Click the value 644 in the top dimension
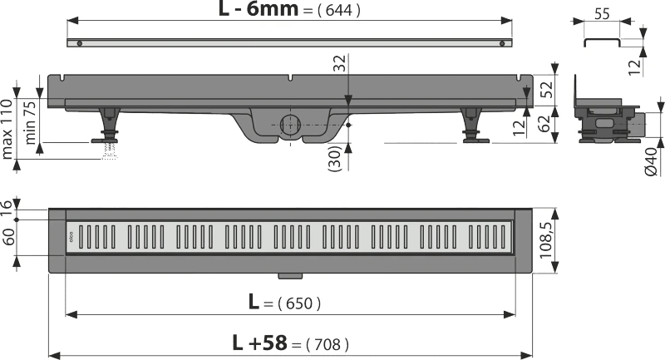(x=339, y=10)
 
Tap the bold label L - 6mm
(x=259, y=8)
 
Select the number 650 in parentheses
(x=299, y=303)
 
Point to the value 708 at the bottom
(x=328, y=344)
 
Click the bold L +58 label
(x=259, y=343)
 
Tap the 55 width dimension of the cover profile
(x=602, y=14)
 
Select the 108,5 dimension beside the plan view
(x=545, y=239)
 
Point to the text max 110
(x=7, y=129)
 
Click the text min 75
(x=30, y=122)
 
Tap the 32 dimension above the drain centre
(x=340, y=64)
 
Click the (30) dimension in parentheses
(x=335, y=159)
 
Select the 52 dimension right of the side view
(x=547, y=90)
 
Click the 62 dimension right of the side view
(x=544, y=124)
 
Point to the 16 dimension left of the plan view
(x=7, y=209)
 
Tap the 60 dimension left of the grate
(x=9, y=237)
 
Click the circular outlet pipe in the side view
(x=290, y=124)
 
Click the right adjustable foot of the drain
(x=473, y=126)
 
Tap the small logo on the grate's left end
(x=71, y=236)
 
